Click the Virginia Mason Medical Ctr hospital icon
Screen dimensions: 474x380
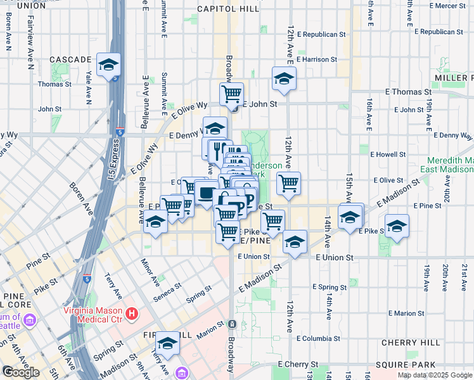[x=132, y=313]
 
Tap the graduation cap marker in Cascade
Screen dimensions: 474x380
[x=108, y=65]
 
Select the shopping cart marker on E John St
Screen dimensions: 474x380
[x=232, y=94]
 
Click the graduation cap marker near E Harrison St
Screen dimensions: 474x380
[x=284, y=79]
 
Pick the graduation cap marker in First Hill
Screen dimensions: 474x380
[x=168, y=344]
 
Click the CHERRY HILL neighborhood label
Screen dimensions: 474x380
[x=406, y=343]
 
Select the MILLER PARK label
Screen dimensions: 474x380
[x=454, y=77]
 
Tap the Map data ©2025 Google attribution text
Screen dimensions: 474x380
[x=434, y=375]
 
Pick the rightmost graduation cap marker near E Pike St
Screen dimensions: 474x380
[x=397, y=227]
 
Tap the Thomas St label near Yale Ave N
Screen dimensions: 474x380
[x=55, y=84]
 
